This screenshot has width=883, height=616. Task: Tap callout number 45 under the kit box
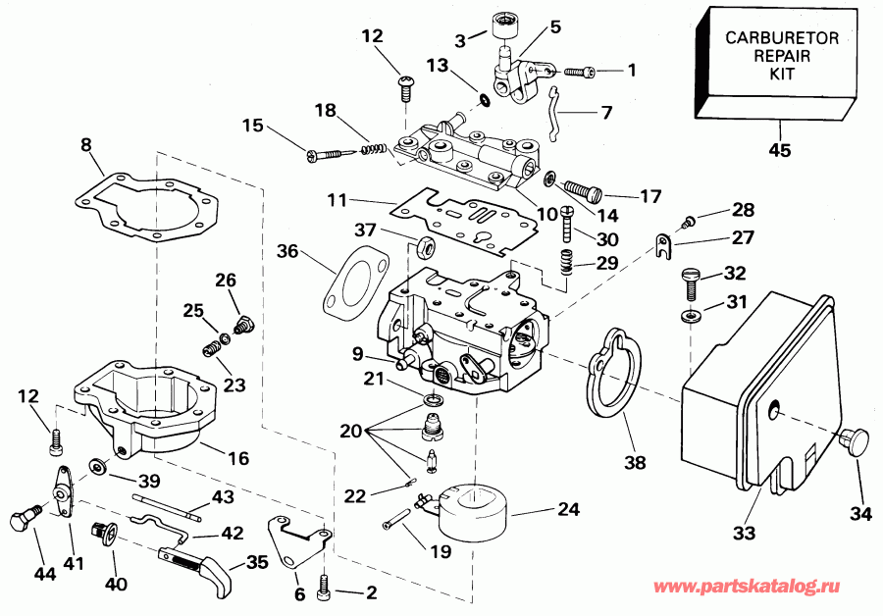coord(780,150)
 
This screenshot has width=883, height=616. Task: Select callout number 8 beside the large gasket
coord(86,145)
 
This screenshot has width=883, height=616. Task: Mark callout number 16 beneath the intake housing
coord(238,458)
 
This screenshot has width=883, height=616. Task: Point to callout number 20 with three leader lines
coord(350,430)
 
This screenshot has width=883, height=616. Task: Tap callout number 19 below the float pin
coord(441,551)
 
